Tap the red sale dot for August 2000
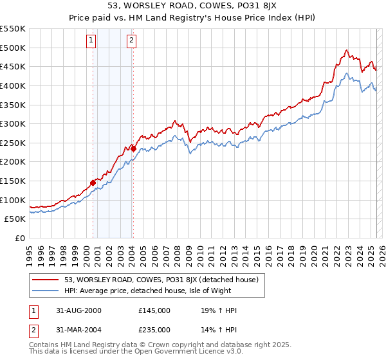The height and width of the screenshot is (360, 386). click(x=93, y=183)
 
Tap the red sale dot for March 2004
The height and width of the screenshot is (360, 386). click(x=133, y=148)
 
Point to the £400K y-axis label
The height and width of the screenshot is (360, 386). click(x=13, y=85)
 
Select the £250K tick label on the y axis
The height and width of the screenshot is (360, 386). click(x=13, y=143)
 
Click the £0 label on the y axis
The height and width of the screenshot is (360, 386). click(x=20, y=238)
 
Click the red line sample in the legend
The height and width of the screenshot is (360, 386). click(x=46, y=280)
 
